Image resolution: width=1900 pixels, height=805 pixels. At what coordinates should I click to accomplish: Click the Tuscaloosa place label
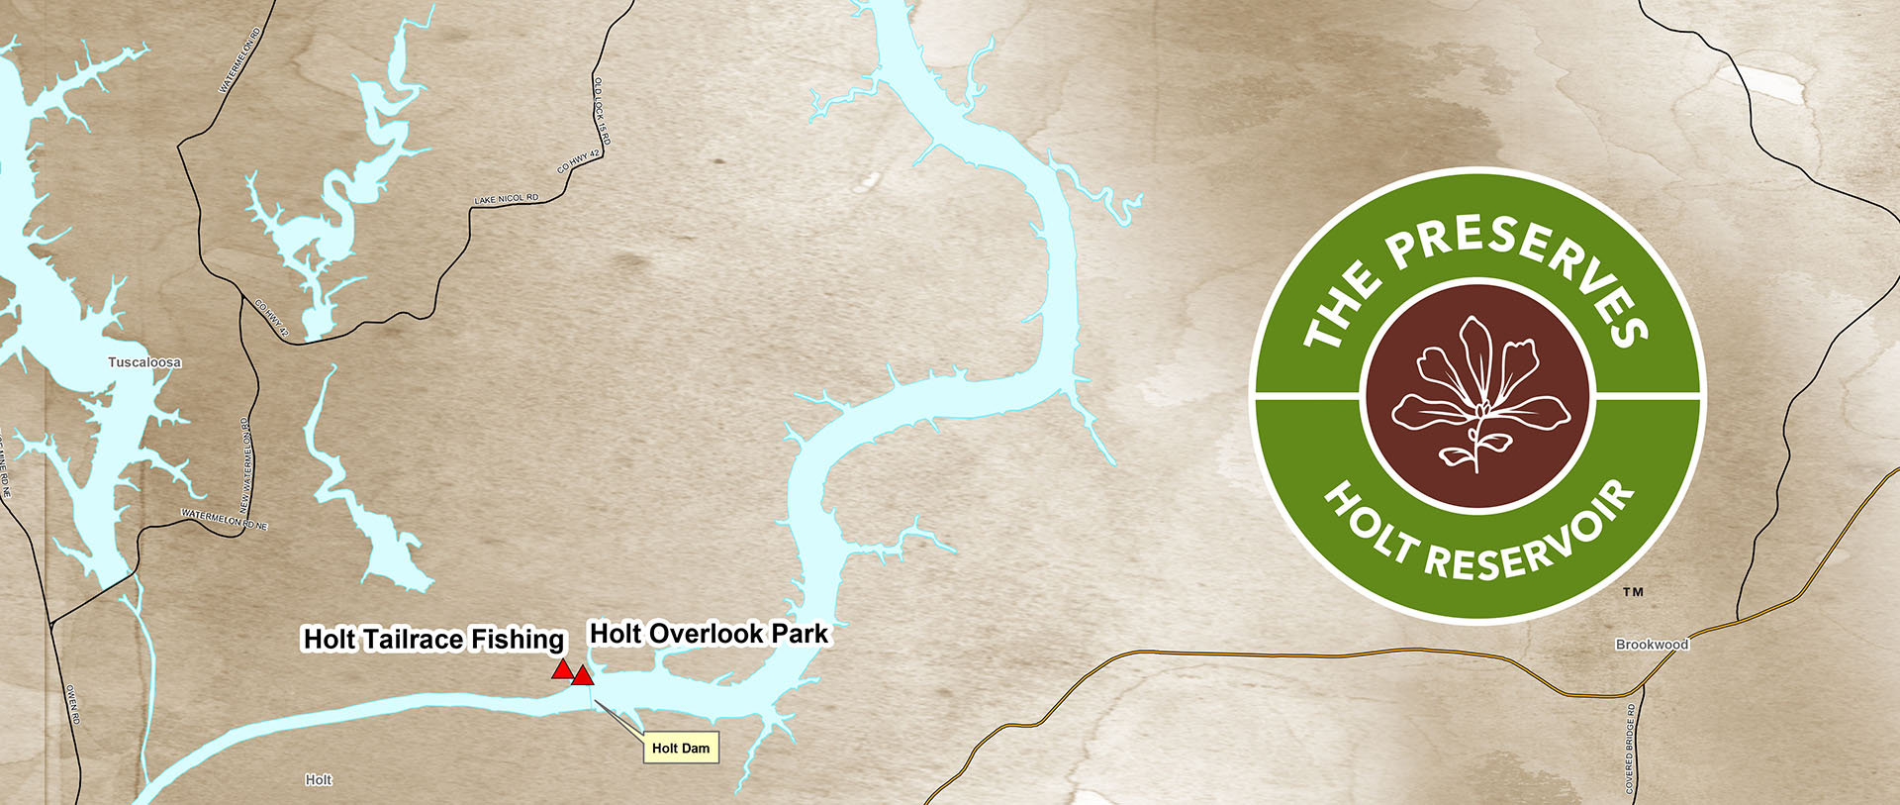click(x=144, y=362)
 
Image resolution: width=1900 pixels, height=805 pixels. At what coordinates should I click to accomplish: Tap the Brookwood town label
click(x=1652, y=645)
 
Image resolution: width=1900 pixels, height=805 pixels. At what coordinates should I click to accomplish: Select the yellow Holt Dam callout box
click(x=681, y=749)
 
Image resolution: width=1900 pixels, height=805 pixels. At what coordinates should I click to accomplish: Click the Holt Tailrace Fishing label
click(x=433, y=640)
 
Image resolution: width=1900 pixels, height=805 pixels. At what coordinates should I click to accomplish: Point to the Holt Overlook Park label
click(x=709, y=634)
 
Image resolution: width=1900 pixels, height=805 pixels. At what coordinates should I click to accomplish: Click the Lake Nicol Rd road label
click(x=507, y=199)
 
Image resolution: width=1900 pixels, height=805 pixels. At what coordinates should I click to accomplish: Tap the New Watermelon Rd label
click(x=245, y=465)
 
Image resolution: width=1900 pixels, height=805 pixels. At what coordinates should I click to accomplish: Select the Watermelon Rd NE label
click(x=225, y=519)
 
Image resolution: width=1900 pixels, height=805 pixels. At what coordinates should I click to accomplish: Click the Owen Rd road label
click(x=72, y=703)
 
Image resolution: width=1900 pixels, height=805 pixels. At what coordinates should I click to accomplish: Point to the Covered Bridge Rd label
click(x=1630, y=749)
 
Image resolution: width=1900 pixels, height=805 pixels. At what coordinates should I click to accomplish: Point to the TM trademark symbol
click(x=1633, y=592)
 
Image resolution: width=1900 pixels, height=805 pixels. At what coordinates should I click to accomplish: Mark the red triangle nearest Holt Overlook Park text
click(x=583, y=676)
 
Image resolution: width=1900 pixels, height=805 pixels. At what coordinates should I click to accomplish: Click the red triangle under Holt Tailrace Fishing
click(x=562, y=670)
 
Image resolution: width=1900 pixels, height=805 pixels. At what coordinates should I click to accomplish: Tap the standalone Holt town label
click(x=319, y=780)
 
